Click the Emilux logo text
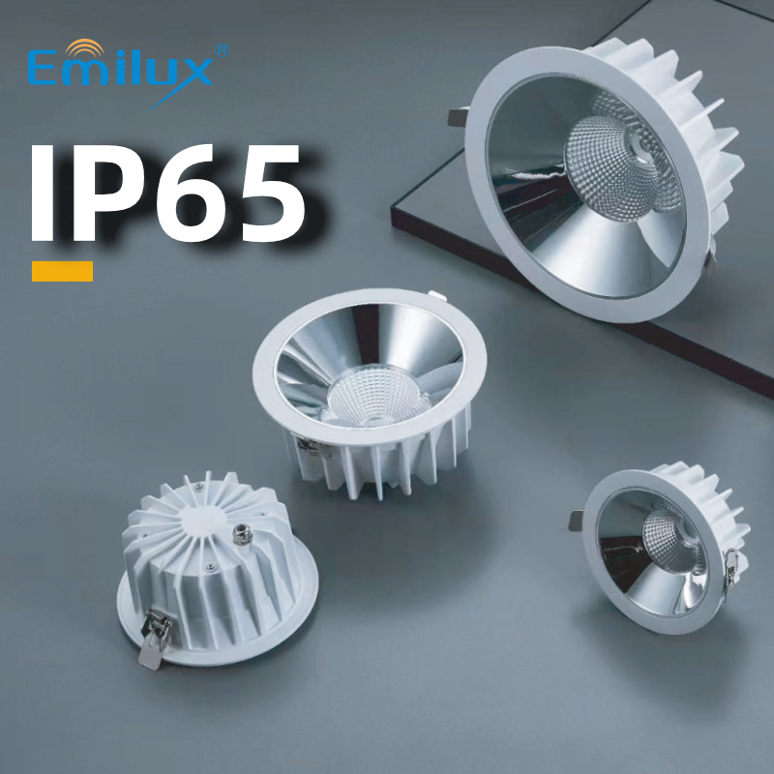[x=120, y=69]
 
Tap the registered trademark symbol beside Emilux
[x=223, y=50]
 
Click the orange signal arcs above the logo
[x=85, y=47]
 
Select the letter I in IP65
[x=43, y=193]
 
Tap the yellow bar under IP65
[x=62, y=271]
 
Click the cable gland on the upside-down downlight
[x=241, y=534]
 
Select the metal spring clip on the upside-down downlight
[x=155, y=639]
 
